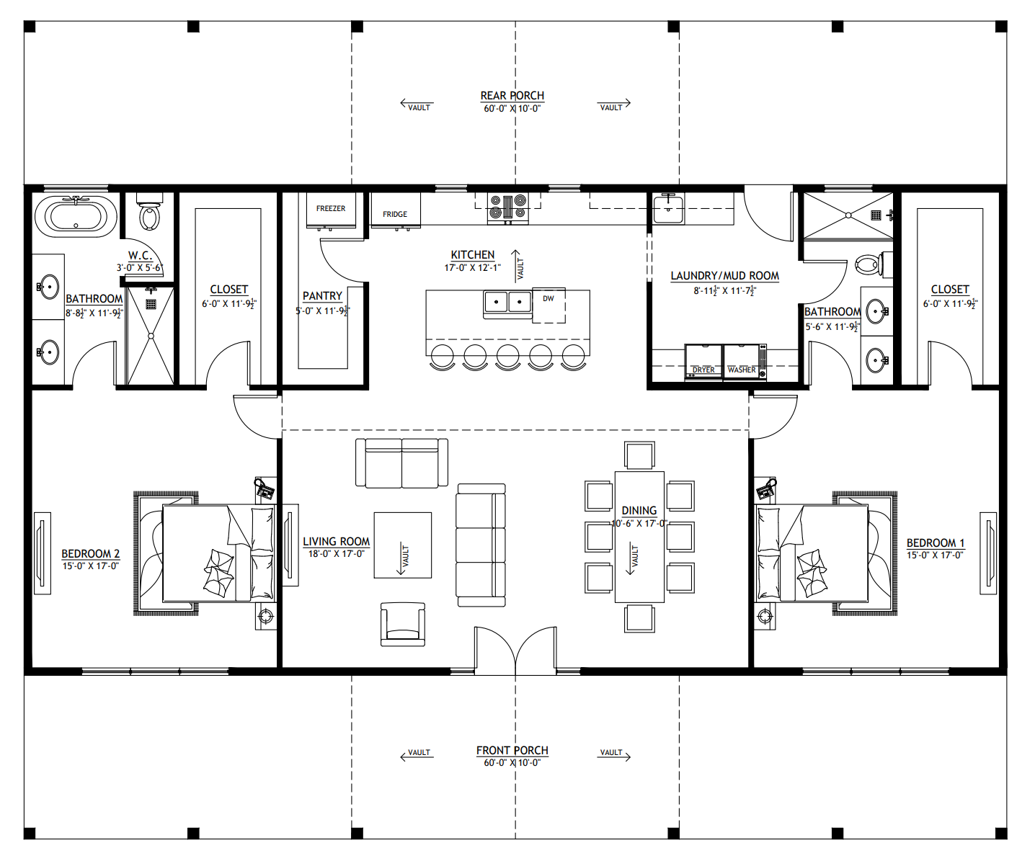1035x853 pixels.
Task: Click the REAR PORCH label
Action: [x=512, y=96]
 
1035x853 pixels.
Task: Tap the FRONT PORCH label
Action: [x=512, y=751]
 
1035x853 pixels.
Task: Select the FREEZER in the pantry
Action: [x=331, y=210]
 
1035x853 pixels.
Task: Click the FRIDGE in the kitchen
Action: [x=395, y=214]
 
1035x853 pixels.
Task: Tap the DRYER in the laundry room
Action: [x=703, y=362]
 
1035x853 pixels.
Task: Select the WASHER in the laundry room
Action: [x=743, y=362]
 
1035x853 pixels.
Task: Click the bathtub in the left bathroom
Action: [x=76, y=215]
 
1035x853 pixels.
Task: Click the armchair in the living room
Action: [x=403, y=624]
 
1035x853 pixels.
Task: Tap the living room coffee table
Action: [x=402, y=545]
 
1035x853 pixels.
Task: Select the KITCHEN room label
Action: [x=473, y=255]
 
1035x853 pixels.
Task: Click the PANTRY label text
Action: [x=322, y=296]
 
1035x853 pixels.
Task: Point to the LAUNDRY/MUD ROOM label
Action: [x=724, y=276]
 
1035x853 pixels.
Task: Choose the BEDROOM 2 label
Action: [x=91, y=553]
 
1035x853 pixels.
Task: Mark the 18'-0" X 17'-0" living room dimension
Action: [x=336, y=554]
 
